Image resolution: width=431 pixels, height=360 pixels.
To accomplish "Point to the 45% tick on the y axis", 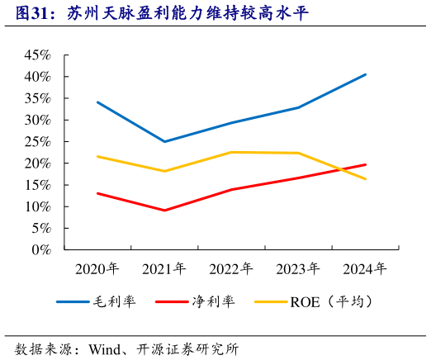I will click(x=38, y=54).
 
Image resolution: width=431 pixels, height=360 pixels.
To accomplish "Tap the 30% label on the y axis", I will click(x=38, y=120).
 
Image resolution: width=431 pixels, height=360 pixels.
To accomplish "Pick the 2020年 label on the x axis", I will click(x=97, y=269).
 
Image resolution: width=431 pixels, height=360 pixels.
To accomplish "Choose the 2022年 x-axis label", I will click(x=231, y=269).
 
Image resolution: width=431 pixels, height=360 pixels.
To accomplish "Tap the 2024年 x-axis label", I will click(x=365, y=269).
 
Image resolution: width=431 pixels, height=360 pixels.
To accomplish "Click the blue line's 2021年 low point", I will click(x=164, y=142).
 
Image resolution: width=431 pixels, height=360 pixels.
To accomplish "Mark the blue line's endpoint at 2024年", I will click(x=366, y=74).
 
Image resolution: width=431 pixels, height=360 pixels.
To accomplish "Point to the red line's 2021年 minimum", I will click(x=164, y=211).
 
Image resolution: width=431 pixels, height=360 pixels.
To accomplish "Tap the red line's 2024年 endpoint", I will click(x=366, y=164).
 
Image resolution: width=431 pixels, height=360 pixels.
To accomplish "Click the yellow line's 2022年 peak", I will click(x=231, y=152).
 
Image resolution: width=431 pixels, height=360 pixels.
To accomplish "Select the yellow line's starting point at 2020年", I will click(x=97, y=156).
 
